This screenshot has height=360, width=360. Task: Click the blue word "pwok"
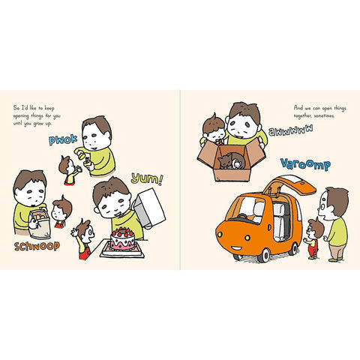[x=63, y=139]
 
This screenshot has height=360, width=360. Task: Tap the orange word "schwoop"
[x=37, y=246]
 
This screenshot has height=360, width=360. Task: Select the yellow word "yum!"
[x=147, y=178]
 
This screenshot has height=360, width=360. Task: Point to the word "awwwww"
[x=291, y=130]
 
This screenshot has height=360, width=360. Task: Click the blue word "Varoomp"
[x=305, y=164]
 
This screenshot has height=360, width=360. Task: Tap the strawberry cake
[x=122, y=238]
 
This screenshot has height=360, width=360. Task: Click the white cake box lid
[x=149, y=208]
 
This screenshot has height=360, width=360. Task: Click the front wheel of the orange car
[x=264, y=255]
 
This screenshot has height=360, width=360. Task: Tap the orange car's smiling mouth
[x=236, y=248]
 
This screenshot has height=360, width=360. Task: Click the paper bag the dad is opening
[x=40, y=224]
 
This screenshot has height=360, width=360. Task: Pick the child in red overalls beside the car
[x=313, y=238]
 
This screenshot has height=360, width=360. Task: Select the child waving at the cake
[x=84, y=239]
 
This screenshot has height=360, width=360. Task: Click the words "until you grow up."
[x=32, y=124]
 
